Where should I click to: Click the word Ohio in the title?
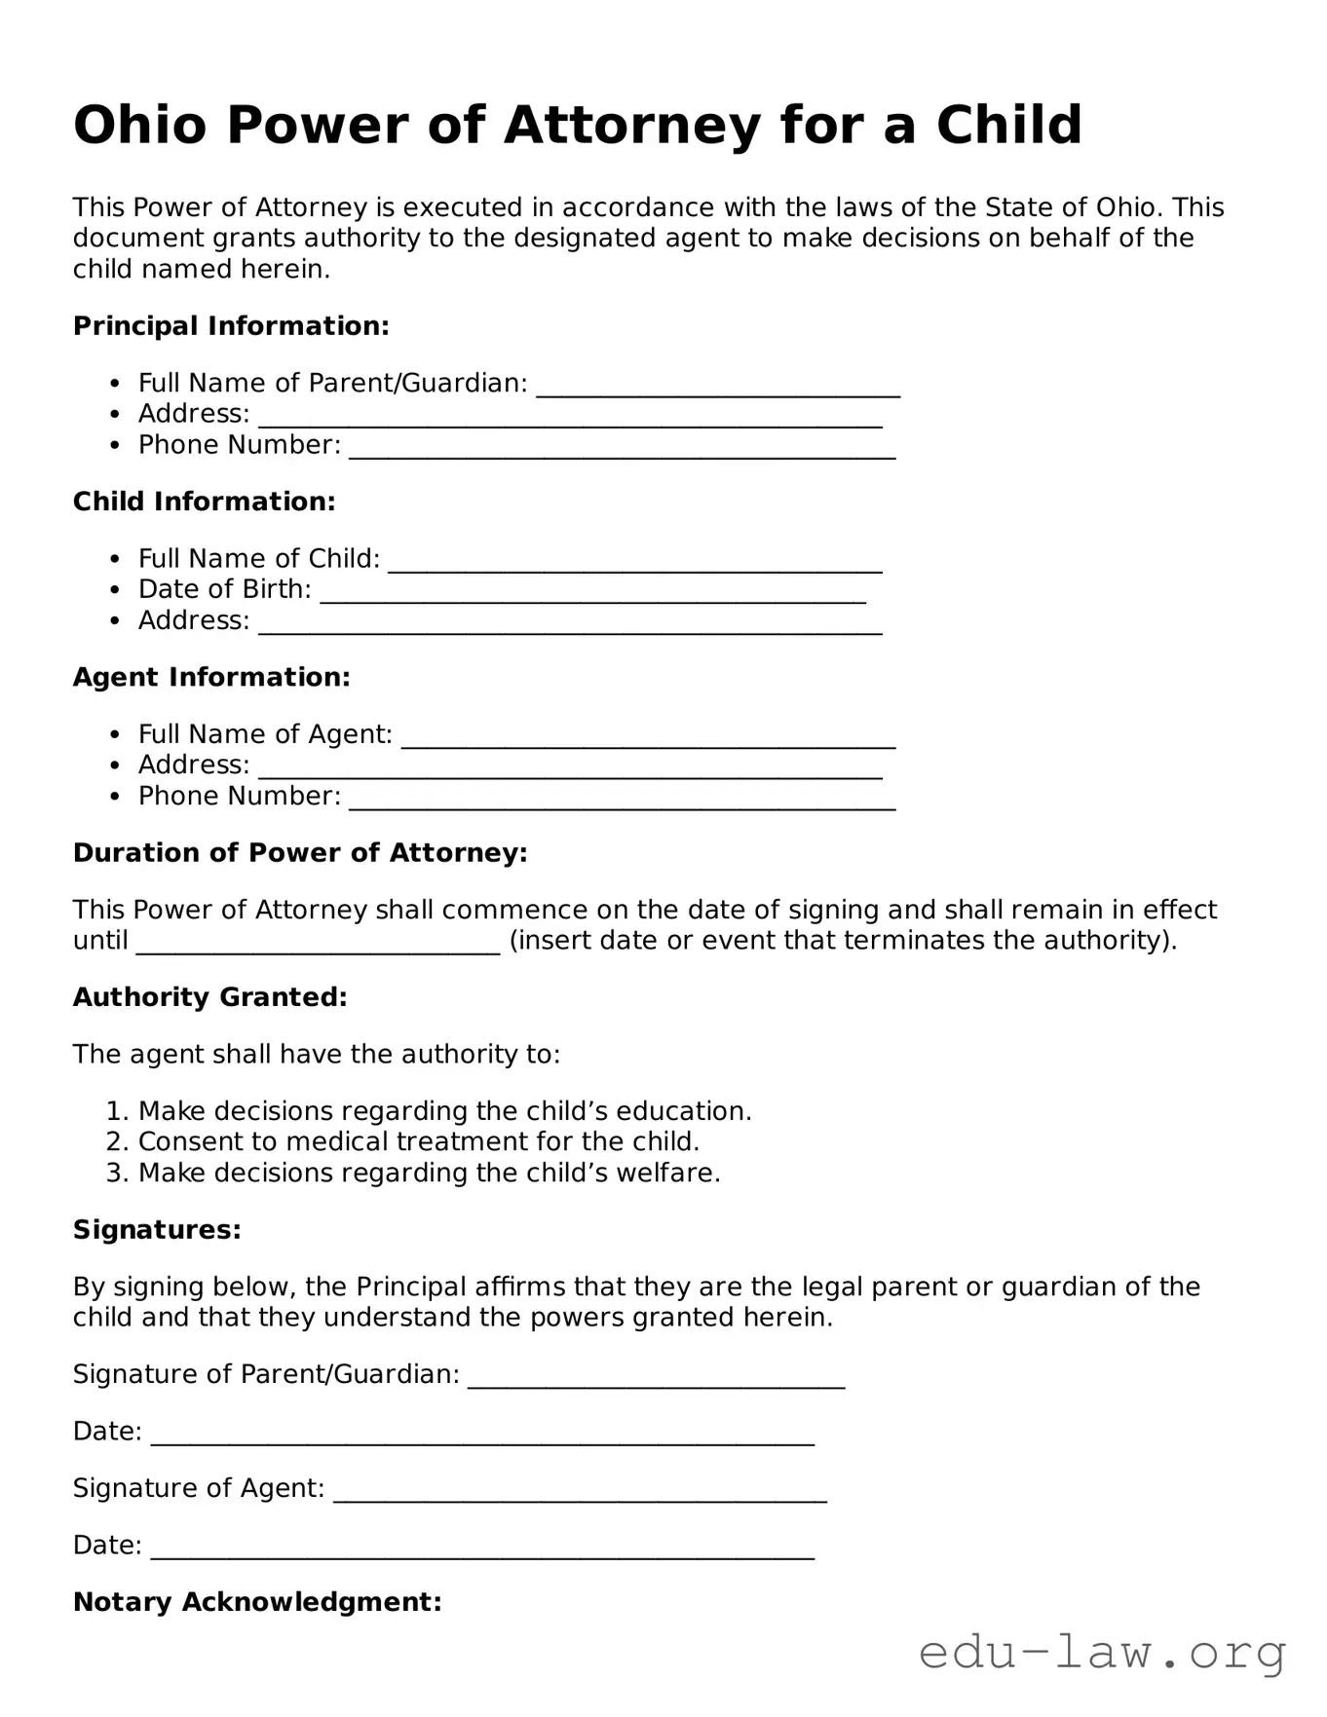139,126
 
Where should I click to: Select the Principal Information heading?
231,326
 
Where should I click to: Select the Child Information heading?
204,502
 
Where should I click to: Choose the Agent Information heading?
211,677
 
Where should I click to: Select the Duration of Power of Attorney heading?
300,853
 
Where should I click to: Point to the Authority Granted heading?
209,997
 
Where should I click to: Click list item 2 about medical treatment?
419,1141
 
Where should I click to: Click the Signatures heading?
157,1230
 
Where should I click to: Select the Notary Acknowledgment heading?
257,1602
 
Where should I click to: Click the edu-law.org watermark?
1102,1653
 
